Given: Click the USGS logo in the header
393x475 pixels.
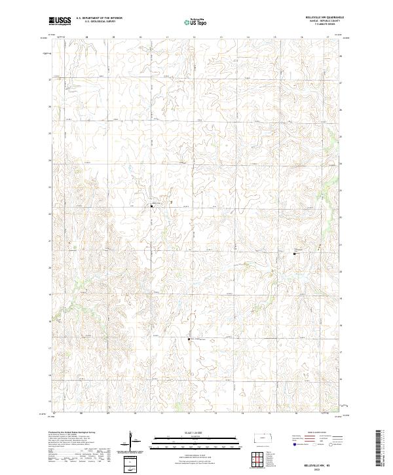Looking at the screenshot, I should click(60, 21).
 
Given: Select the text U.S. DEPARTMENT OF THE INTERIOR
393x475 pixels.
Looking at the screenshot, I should click(99, 18).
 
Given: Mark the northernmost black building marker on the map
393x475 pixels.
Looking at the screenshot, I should click(152, 206).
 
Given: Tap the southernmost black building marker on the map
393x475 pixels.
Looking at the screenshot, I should click(189, 339).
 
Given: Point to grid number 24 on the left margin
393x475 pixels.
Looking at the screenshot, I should click(50, 160).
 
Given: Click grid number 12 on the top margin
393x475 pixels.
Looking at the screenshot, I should click(195, 38).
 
